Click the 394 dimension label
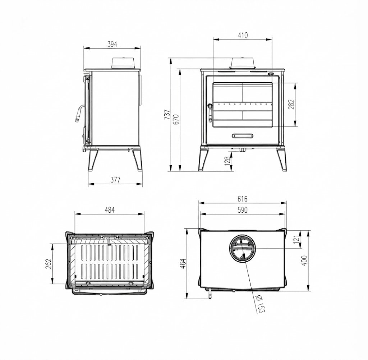click(x=112, y=44)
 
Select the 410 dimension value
click(x=243, y=35)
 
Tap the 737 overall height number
click(x=167, y=114)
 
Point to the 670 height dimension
click(x=176, y=119)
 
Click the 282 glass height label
click(x=291, y=105)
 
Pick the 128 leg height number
click(x=227, y=161)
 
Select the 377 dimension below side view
click(x=115, y=180)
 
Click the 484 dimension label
click(x=110, y=210)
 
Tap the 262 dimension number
click(x=48, y=264)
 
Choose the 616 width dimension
click(x=243, y=199)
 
